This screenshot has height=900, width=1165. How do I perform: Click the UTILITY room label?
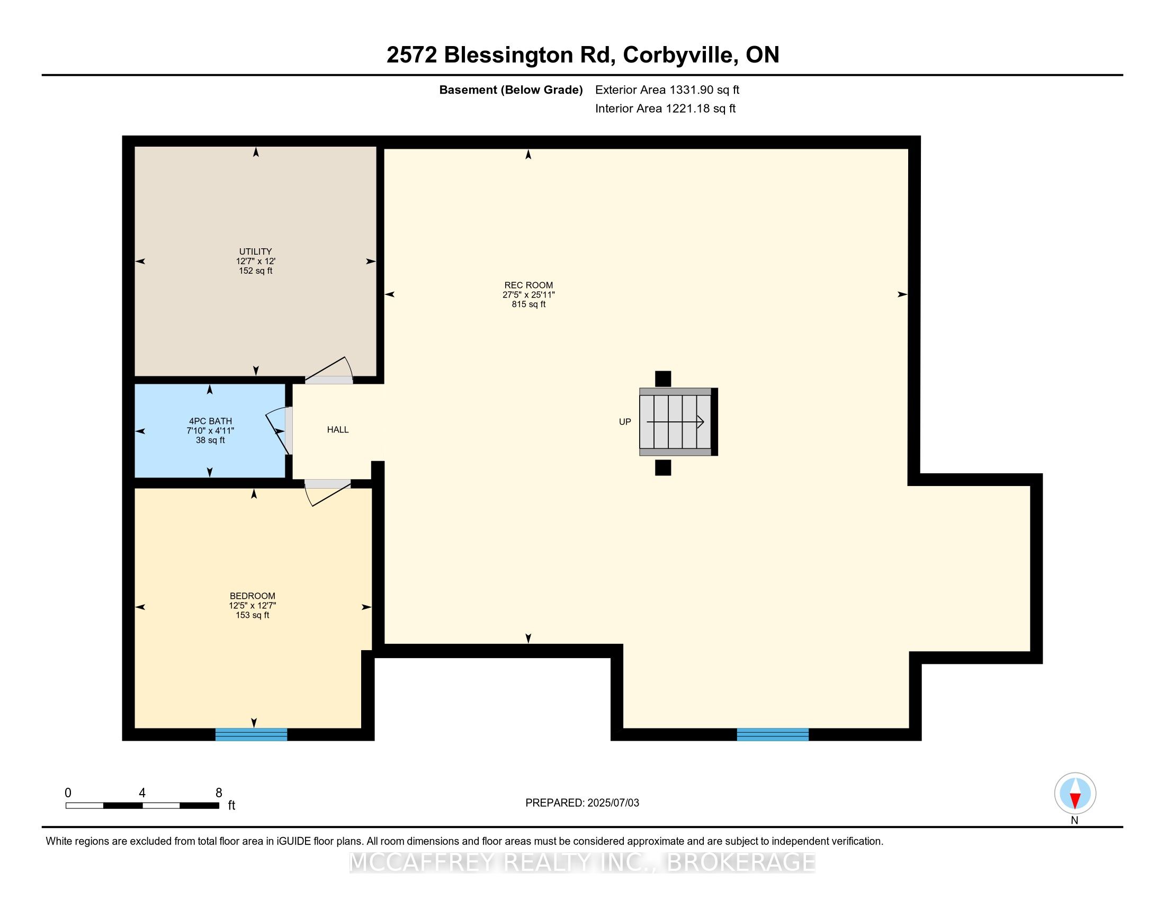coord(256,251)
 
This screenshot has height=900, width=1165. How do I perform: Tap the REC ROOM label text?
coord(528,285)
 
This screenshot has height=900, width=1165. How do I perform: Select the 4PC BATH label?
coord(210,421)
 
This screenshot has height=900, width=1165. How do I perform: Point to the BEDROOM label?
coord(252,596)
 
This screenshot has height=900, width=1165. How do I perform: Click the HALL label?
coord(338,430)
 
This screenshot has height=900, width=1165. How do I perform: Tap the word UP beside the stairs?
coord(625,422)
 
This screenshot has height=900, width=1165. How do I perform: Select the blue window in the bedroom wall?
coord(251,734)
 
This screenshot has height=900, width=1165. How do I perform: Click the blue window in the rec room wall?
coord(773,734)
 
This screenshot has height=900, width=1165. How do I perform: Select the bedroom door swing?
coord(327,493)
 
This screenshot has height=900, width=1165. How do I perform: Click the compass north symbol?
coord(1075,794)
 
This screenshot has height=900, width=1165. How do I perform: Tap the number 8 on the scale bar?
coord(219,793)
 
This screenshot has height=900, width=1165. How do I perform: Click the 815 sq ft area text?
coord(528,304)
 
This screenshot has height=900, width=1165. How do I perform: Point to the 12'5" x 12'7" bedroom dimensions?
coord(252,606)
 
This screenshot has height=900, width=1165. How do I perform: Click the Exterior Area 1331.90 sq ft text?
coord(667,90)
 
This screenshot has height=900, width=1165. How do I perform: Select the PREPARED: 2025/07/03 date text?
coord(582,803)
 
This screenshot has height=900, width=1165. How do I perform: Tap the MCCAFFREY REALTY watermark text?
coord(582,862)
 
